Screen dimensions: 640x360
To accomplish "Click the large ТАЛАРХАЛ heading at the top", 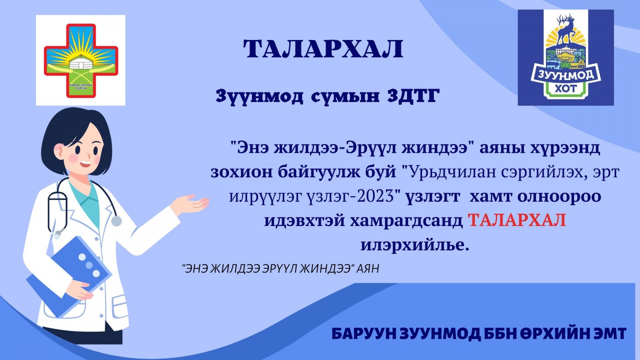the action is point(323,49).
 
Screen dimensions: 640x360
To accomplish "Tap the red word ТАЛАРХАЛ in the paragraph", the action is point(516,220).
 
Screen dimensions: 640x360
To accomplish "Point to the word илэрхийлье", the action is point(415,245).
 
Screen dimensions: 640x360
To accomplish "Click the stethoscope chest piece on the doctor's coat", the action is point(116,221).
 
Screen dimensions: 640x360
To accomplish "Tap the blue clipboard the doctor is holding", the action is point(68,276).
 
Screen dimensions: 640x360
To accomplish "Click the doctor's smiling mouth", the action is point(85,164).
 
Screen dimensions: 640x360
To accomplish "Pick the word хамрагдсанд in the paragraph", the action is point(406,221).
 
